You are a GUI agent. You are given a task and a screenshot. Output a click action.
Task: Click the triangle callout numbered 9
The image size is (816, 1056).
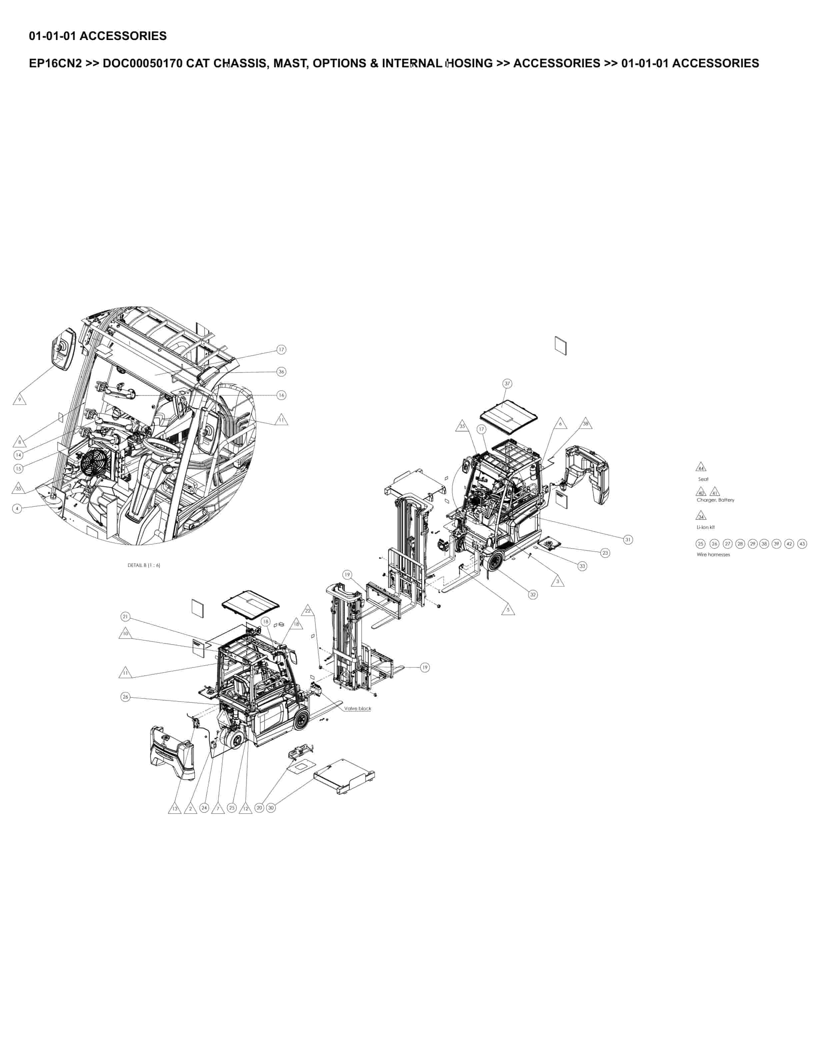tap(19, 400)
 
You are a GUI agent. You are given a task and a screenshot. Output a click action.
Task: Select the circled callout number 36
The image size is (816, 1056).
tap(281, 372)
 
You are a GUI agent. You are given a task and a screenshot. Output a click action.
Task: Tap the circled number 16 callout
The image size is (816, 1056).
tap(281, 395)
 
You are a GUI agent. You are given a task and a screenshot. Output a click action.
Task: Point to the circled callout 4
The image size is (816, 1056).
tap(17, 509)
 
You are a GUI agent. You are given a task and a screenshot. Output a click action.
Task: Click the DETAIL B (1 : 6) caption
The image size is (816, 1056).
tap(144, 565)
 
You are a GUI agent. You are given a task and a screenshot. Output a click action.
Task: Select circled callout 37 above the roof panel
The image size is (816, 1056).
tap(507, 383)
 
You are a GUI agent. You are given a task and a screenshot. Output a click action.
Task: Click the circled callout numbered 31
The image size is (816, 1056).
tap(627, 540)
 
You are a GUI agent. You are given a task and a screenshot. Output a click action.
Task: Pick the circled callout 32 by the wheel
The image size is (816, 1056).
tap(533, 595)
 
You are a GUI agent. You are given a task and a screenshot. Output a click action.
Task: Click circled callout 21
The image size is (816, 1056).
tap(125, 616)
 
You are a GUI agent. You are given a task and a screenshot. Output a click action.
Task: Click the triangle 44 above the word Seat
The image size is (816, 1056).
tap(700, 468)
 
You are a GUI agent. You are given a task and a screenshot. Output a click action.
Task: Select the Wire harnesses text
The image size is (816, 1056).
tap(713, 555)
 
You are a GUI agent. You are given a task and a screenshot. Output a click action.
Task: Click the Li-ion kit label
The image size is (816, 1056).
tap(705, 528)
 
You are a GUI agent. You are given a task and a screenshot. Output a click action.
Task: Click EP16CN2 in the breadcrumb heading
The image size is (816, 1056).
tap(55, 63)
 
